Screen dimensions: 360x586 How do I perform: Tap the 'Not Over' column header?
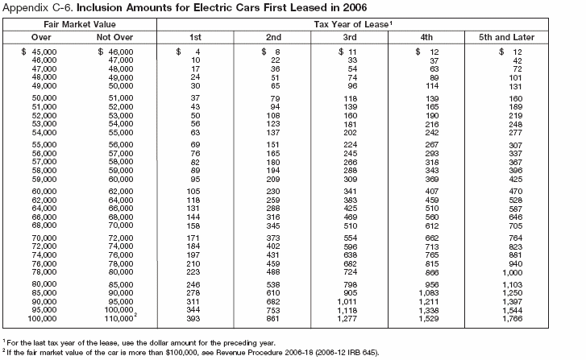coord(114,37)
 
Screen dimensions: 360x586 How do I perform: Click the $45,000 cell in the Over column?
coord(38,52)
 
